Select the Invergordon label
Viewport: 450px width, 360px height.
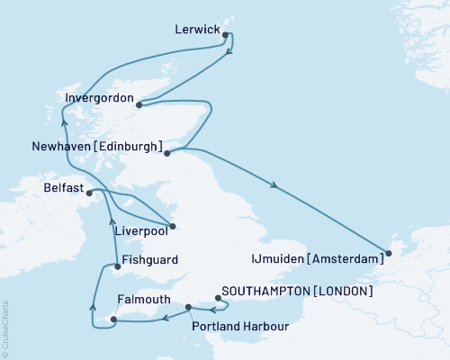point(100,97)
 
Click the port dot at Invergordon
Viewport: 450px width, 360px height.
point(139,104)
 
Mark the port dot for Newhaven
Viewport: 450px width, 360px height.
point(167,154)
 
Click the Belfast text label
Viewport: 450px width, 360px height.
point(62,190)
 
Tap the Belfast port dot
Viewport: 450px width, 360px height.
point(88,191)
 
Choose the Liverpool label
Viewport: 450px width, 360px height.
point(142,231)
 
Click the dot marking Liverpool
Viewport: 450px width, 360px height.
point(173,226)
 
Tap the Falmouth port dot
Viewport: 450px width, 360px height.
point(112,319)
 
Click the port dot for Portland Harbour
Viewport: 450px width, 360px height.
point(188,308)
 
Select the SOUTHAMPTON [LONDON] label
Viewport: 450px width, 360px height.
point(296,292)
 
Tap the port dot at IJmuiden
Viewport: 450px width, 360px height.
point(389,253)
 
